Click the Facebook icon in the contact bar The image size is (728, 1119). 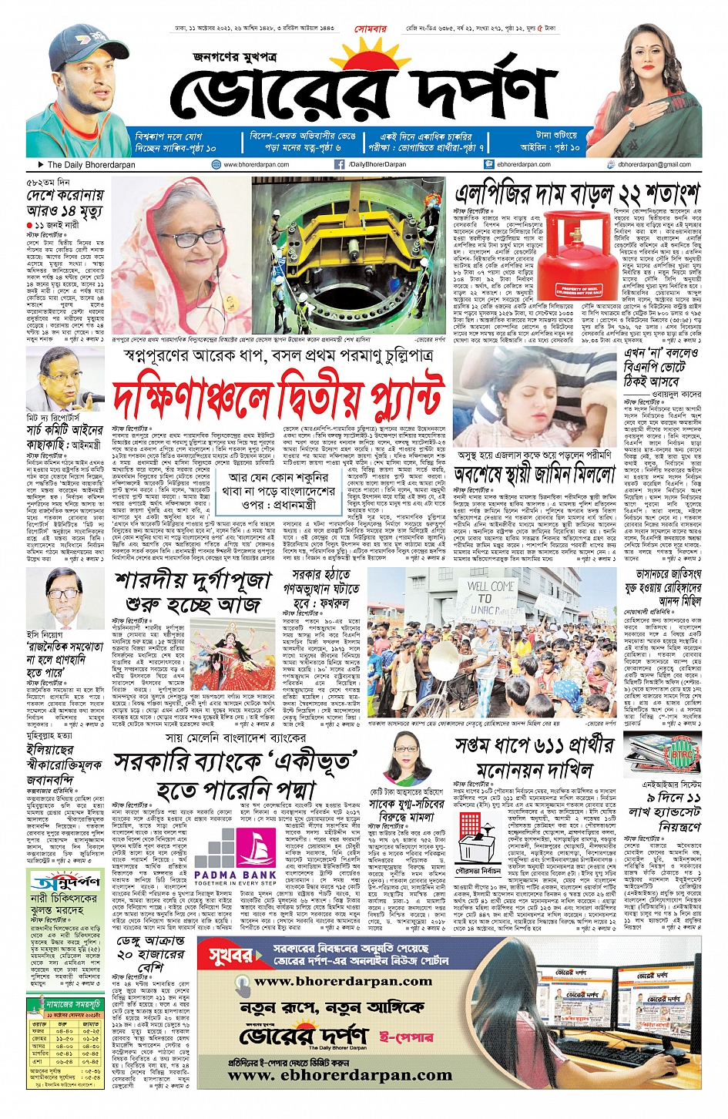click(x=339, y=164)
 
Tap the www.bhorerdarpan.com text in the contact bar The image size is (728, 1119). click(x=257, y=164)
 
